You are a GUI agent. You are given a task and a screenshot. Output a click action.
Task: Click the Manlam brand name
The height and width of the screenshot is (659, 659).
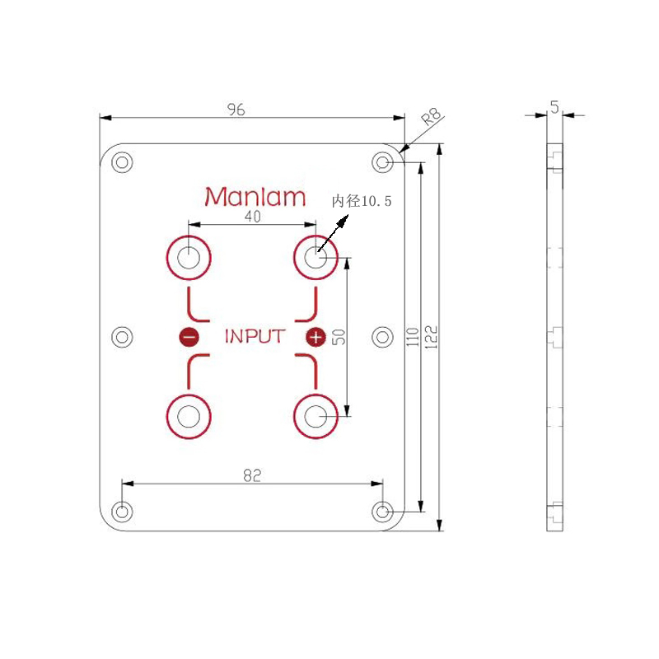(x=255, y=197)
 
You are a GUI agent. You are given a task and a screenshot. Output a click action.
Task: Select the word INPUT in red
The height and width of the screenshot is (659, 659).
(x=255, y=337)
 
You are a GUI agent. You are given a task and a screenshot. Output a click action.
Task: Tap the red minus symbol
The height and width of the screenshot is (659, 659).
(x=189, y=337)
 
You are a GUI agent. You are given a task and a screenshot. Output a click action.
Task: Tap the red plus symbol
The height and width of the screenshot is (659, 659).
(x=315, y=337)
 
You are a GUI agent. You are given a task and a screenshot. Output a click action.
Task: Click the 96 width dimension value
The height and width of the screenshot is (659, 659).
(x=236, y=110)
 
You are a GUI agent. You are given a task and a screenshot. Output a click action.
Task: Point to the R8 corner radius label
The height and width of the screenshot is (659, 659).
(x=432, y=116)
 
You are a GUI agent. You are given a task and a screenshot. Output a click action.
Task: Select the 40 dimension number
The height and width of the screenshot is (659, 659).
(x=253, y=217)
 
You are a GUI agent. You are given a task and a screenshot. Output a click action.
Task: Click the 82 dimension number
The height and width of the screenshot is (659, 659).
(x=252, y=475)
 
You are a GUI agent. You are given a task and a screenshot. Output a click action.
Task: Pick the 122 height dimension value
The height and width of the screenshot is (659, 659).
(x=431, y=337)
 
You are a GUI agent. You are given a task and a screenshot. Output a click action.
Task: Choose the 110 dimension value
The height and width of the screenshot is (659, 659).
(x=413, y=337)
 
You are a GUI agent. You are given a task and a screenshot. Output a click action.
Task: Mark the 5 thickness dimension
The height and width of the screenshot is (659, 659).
(x=554, y=107)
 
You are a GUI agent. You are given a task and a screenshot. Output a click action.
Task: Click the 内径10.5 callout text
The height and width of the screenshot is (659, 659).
(x=362, y=201)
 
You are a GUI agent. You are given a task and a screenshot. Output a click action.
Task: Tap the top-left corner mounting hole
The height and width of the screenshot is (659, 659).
(x=122, y=162)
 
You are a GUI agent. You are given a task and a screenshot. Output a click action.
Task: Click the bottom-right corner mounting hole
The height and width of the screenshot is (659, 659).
(x=382, y=512)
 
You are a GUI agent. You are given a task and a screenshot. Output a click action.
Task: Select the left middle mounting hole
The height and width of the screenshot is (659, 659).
(x=122, y=337)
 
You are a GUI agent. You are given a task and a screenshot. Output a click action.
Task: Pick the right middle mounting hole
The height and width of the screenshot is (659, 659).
(x=382, y=337)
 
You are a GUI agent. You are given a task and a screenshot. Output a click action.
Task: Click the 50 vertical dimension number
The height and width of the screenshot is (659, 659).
(x=339, y=337)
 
